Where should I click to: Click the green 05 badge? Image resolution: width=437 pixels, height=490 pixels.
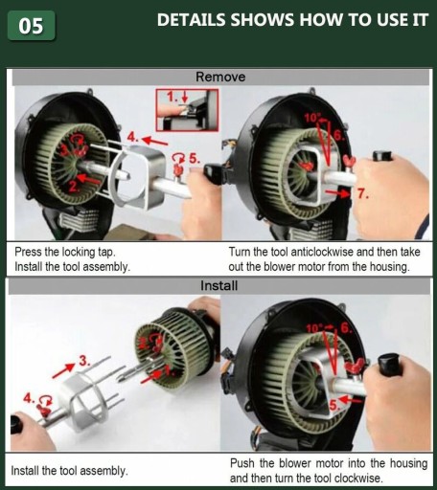tap(31, 26)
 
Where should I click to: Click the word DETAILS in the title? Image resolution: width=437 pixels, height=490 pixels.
tap(192, 20)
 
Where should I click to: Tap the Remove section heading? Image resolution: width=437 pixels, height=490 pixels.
tap(220, 77)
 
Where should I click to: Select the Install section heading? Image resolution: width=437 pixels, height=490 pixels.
tap(219, 285)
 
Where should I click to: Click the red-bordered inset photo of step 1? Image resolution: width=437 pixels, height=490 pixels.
tap(187, 110)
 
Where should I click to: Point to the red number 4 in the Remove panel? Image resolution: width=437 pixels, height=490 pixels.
tap(132, 137)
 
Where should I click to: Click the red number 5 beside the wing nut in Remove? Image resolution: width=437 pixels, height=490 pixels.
tap(195, 158)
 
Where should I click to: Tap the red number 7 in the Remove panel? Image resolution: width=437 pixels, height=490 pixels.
tap(362, 193)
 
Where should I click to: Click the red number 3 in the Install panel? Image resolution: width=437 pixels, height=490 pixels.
tap(84, 361)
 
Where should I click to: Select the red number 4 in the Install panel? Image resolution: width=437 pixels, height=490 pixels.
tap(29, 398)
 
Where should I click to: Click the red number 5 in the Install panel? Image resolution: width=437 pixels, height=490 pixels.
tap(333, 406)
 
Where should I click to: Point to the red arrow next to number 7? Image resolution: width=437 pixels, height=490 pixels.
tap(337, 193)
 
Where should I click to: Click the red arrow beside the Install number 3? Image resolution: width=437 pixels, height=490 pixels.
tap(63, 370)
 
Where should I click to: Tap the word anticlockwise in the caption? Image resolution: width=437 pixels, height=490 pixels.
tap(322, 252)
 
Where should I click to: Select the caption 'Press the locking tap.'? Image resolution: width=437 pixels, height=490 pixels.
tap(65, 252)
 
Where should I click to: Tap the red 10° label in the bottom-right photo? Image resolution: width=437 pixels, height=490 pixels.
tap(313, 328)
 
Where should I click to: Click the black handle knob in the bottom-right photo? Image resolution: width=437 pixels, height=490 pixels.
tap(389, 364)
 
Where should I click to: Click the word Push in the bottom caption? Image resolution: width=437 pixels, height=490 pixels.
tap(242, 463)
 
